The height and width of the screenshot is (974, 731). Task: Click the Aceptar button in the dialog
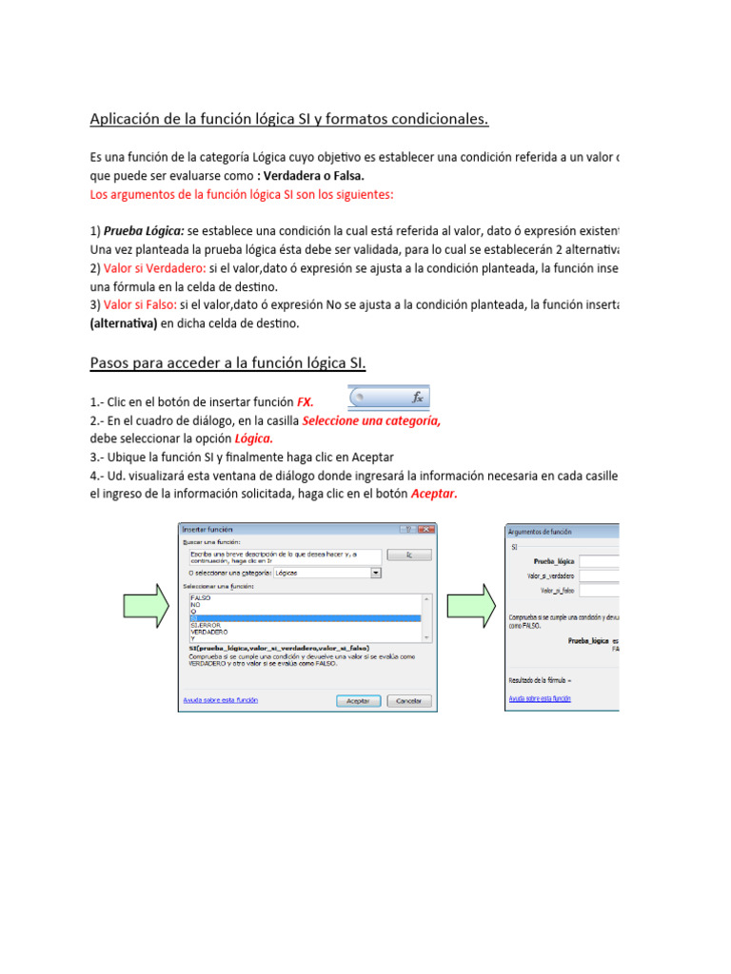[x=358, y=700]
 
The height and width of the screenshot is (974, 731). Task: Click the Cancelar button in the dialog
[x=408, y=700]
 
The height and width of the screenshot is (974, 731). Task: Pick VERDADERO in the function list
[x=208, y=631]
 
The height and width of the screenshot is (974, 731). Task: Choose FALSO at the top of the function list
[x=201, y=597]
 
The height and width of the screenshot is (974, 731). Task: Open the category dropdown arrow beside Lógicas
[x=376, y=574]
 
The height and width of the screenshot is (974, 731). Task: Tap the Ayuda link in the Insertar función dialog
[x=220, y=699]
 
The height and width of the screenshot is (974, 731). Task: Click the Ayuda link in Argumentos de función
[x=540, y=698]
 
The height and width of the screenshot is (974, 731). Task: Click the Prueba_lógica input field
[x=600, y=562]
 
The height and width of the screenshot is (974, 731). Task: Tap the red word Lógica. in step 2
[x=253, y=438]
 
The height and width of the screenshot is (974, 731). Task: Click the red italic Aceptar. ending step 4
[x=434, y=494]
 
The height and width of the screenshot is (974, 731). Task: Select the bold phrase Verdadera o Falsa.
[x=314, y=176]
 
